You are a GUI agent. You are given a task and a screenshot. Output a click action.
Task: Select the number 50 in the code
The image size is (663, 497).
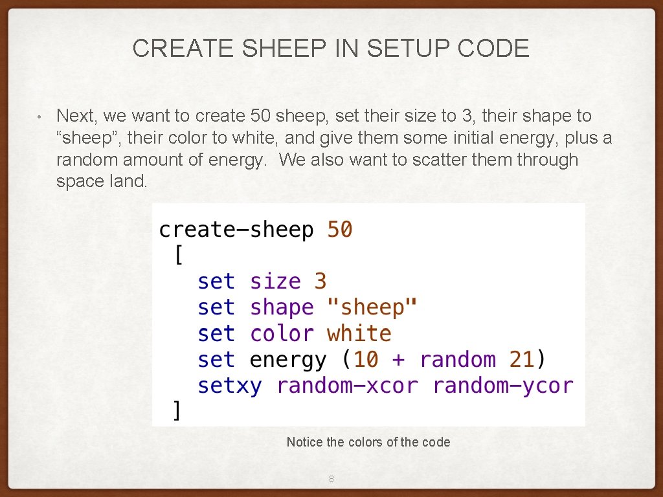click(x=340, y=230)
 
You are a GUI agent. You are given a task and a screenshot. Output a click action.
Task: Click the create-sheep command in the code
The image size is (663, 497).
click(x=236, y=230)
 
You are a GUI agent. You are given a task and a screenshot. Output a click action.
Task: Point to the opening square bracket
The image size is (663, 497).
click(x=178, y=256)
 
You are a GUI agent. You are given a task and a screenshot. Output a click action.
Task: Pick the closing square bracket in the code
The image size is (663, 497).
click(x=176, y=411)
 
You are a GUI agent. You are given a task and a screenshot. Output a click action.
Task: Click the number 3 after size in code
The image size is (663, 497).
click(x=320, y=282)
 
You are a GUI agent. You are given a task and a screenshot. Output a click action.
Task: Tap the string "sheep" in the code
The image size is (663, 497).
click(x=372, y=307)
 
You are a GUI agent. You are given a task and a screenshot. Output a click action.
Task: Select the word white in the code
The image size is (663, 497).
click(x=359, y=334)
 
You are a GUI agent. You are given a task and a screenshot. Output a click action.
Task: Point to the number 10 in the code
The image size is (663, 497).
click(x=366, y=360)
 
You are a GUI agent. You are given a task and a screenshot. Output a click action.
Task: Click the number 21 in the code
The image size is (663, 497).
click(x=521, y=360)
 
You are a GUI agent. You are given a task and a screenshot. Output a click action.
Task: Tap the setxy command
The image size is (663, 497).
click(x=230, y=386)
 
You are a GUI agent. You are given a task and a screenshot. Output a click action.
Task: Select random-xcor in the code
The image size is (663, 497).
click(x=347, y=386)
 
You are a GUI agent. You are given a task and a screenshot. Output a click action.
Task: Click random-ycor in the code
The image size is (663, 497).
click(x=503, y=386)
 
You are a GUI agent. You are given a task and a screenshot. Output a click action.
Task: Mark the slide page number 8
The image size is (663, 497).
click(x=331, y=480)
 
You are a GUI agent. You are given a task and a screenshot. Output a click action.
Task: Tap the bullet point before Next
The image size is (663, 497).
click(x=39, y=117)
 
